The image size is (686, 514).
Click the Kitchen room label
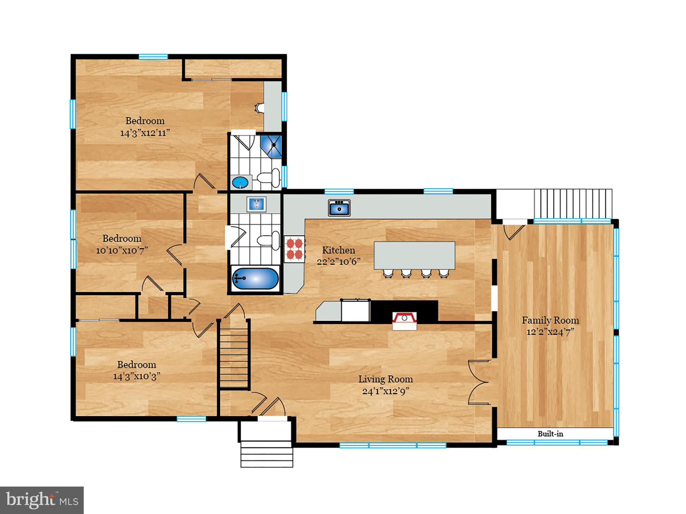pyautogui.click(x=338, y=250)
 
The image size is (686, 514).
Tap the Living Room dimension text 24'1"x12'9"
pyautogui.click(x=386, y=391)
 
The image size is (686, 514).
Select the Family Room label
pyautogui.click(x=550, y=320)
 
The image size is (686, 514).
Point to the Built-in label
pyautogui.click(x=550, y=434)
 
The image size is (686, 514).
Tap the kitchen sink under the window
pyautogui.click(x=339, y=207)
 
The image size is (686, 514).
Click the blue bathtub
pyautogui.click(x=255, y=278)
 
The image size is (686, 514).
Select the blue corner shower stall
pyautogui.click(x=271, y=146)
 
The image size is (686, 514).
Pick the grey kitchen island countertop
pyautogui.click(x=414, y=255)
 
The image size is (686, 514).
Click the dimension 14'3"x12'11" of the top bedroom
pyautogui.click(x=145, y=133)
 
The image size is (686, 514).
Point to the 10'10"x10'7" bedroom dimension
pyautogui.click(x=122, y=251)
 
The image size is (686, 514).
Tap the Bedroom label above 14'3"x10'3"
pyautogui.click(x=136, y=364)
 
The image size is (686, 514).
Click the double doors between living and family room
pyautogui.click(x=479, y=382)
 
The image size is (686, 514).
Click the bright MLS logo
pyautogui.click(x=42, y=500)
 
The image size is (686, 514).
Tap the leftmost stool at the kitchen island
pyautogui.click(x=388, y=273)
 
